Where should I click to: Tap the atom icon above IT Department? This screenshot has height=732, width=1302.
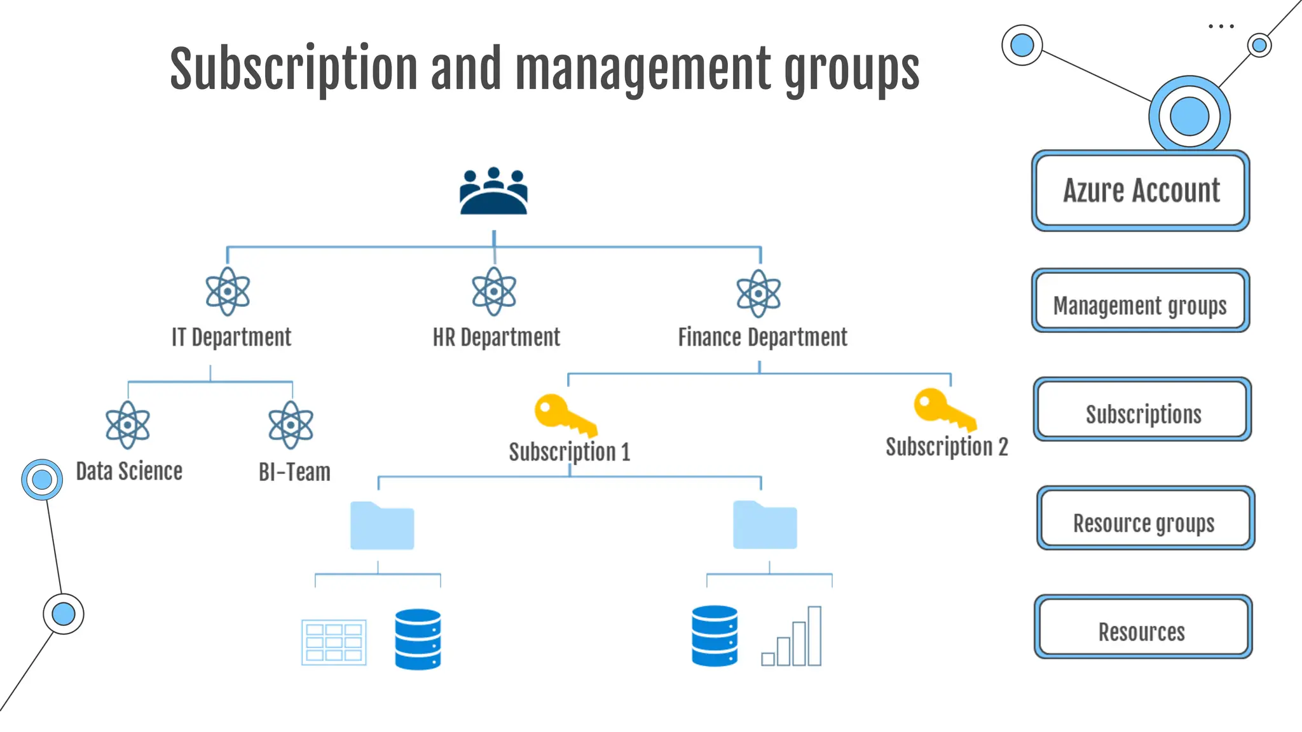click(228, 292)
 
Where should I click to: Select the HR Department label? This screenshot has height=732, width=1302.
click(496, 337)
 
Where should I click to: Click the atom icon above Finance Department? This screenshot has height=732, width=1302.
click(758, 293)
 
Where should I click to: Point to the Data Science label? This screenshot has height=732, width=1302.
click(129, 471)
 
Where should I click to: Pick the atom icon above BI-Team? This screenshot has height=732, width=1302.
click(291, 424)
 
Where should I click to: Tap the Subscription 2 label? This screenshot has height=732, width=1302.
click(947, 447)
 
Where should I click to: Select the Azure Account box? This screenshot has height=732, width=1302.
click(1141, 191)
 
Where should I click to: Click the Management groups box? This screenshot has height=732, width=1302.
click(1141, 301)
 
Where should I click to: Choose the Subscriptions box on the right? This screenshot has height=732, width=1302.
click(1142, 409)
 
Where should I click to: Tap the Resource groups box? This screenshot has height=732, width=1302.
click(1145, 518)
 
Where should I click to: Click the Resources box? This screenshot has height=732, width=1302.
click(1142, 627)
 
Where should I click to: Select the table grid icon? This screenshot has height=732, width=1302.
click(334, 642)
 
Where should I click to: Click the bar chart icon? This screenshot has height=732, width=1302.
click(791, 637)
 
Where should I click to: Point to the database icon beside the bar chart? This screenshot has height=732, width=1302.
click(715, 636)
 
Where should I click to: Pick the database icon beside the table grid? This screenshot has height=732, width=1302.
click(418, 639)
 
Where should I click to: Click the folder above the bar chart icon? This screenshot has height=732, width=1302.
click(765, 525)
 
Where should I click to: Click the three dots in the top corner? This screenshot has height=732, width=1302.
click(1221, 27)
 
